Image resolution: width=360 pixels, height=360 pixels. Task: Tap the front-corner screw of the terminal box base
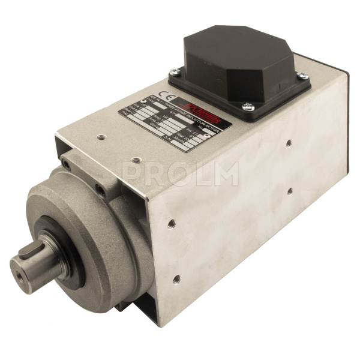(x=248, y=106)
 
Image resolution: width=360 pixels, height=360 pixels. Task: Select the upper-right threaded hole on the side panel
(x=289, y=143)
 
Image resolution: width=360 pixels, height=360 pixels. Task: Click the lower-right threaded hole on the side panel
(x=290, y=191)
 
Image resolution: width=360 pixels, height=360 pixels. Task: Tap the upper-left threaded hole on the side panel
(x=172, y=223)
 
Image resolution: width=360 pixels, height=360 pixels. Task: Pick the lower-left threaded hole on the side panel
(x=176, y=278)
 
